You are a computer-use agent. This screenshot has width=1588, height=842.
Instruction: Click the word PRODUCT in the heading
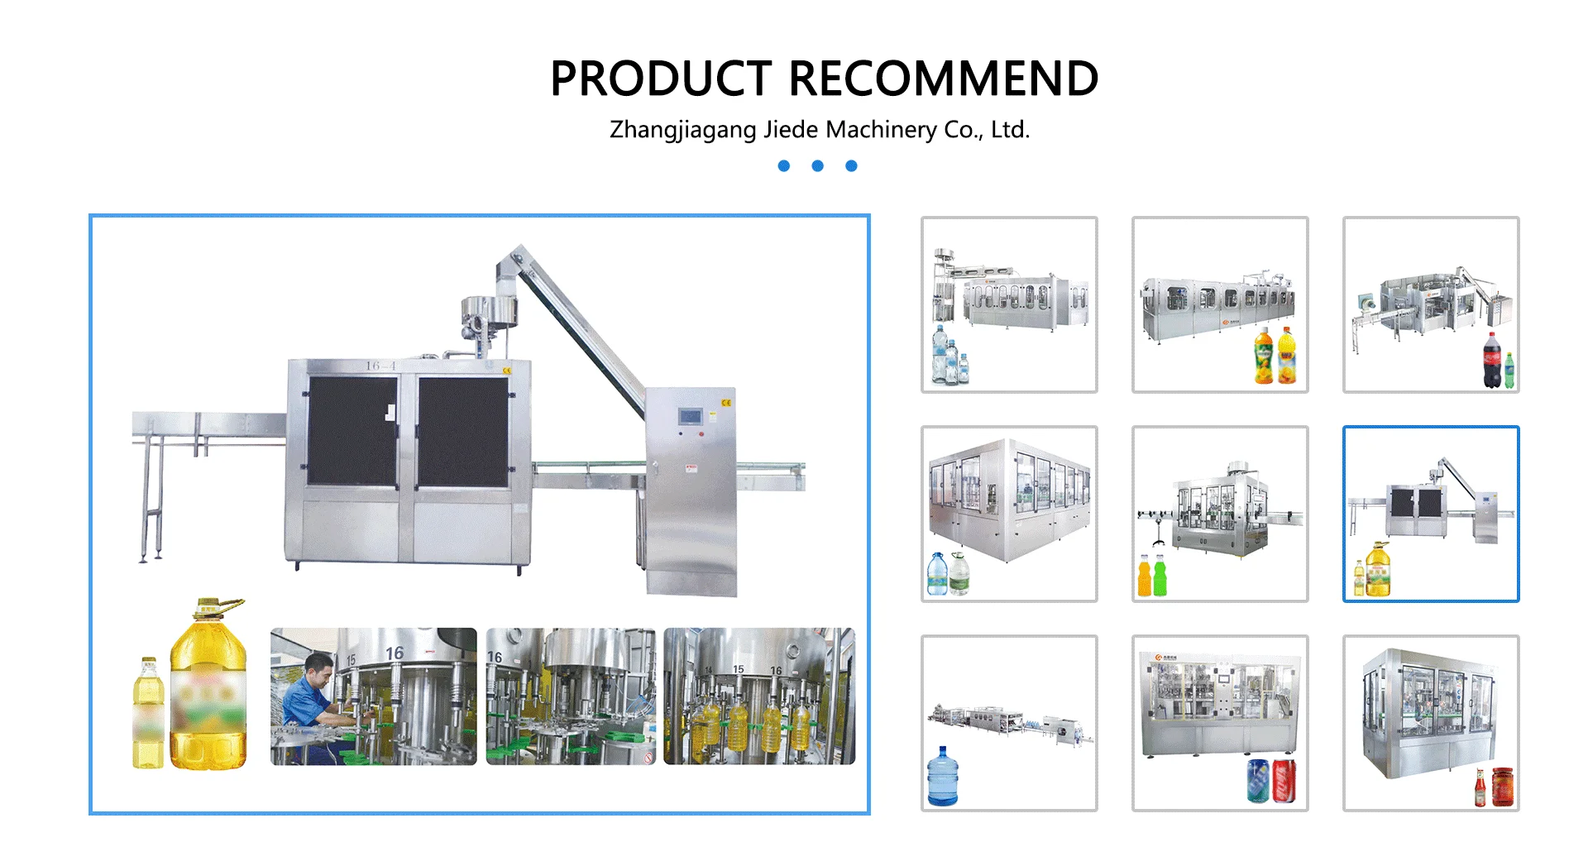[661, 79]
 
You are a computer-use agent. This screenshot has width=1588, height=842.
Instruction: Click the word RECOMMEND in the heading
[944, 79]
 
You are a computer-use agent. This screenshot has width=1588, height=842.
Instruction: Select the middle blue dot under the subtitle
[817, 166]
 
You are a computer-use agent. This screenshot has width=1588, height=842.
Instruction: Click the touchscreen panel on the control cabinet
[690, 416]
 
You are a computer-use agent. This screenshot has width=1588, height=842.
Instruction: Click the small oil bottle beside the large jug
[148, 713]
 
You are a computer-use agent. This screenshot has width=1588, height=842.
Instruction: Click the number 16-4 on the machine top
[380, 366]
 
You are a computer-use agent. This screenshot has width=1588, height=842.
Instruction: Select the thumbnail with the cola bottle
[1430, 304]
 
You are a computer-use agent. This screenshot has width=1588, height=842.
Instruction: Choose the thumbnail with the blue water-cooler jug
[1009, 723]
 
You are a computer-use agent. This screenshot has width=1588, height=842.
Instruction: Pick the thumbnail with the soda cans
[1220, 723]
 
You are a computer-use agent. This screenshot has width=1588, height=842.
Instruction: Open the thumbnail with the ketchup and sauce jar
[1430, 723]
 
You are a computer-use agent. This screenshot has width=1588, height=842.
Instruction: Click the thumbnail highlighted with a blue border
[1430, 514]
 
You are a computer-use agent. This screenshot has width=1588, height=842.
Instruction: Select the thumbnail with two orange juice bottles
[1220, 304]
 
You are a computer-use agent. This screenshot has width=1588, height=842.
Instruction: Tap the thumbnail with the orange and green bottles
[1220, 514]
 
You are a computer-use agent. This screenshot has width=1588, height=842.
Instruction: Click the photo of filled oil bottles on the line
[759, 696]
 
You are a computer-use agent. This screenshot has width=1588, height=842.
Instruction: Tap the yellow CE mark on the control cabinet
[726, 403]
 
